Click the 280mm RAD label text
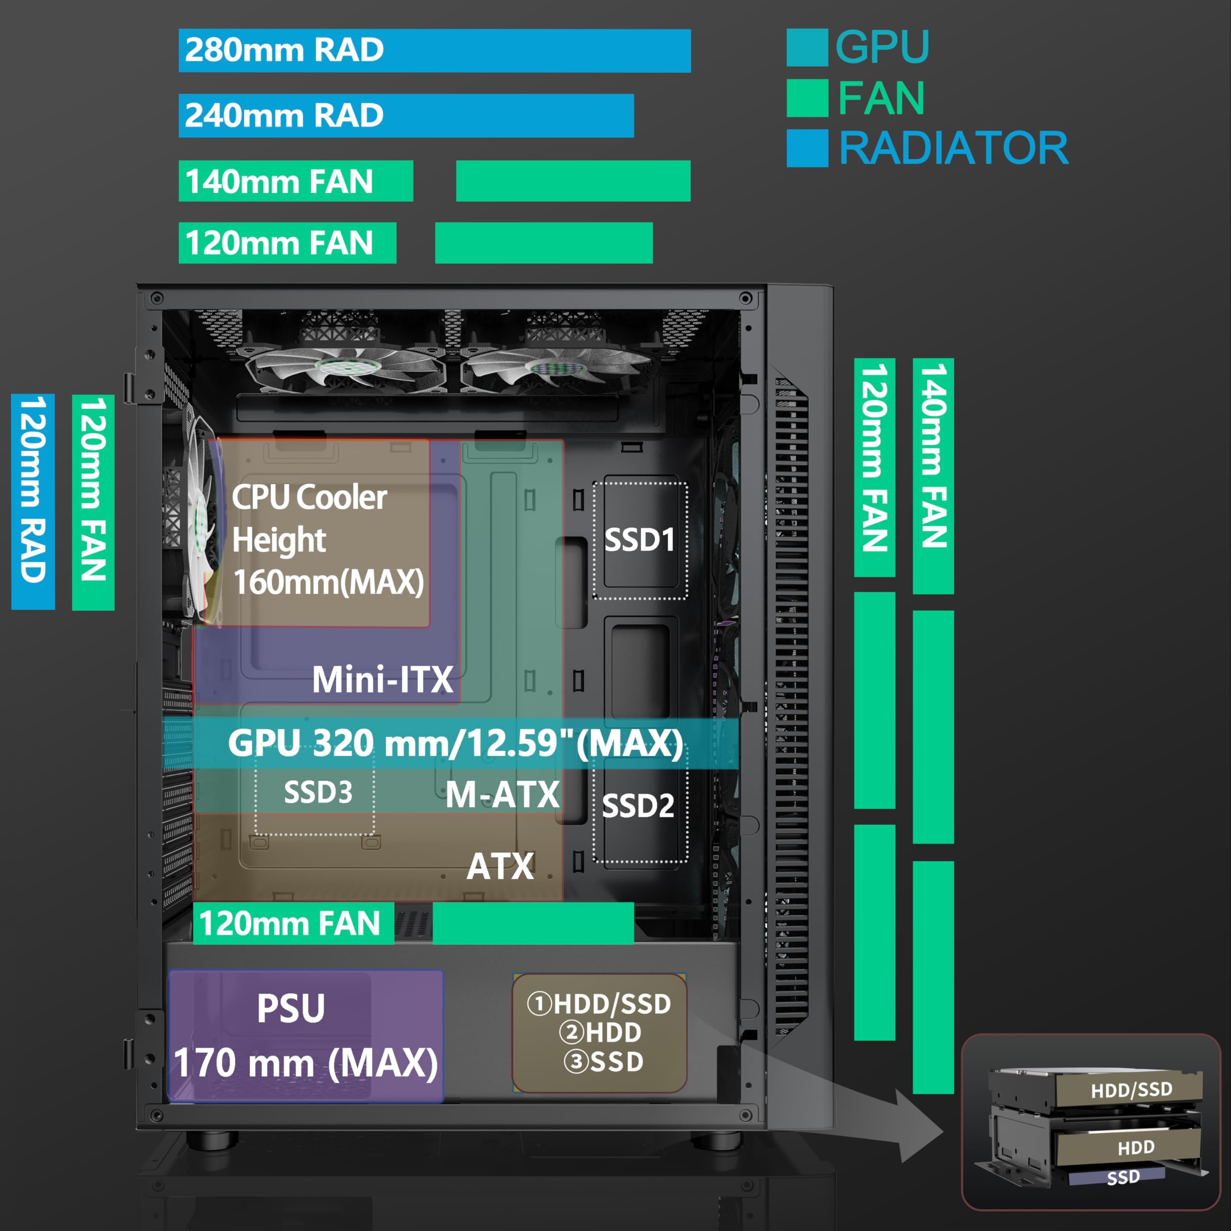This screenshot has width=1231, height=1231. tap(284, 50)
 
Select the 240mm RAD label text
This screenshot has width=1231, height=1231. tap(284, 115)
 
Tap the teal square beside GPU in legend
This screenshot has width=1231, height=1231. tap(807, 47)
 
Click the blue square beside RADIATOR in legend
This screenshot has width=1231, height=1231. tap(807, 148)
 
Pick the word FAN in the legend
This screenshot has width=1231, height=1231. tap(881, 98)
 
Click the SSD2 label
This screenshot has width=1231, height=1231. tap(638, 806)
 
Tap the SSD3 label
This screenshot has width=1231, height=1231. tap(318, 792)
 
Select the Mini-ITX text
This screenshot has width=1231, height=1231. tap(382, 679)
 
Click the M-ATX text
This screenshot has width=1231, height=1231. tap(502, 794)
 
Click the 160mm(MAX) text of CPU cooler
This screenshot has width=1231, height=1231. tap(328, 582)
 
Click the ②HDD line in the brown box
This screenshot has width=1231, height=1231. tap(600, 1032)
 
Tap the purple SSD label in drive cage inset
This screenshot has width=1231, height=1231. tap(1123, 1177)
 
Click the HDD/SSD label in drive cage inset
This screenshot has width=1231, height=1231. tap(1131, 1090)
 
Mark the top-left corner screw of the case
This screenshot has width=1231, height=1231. tap(157, 298)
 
